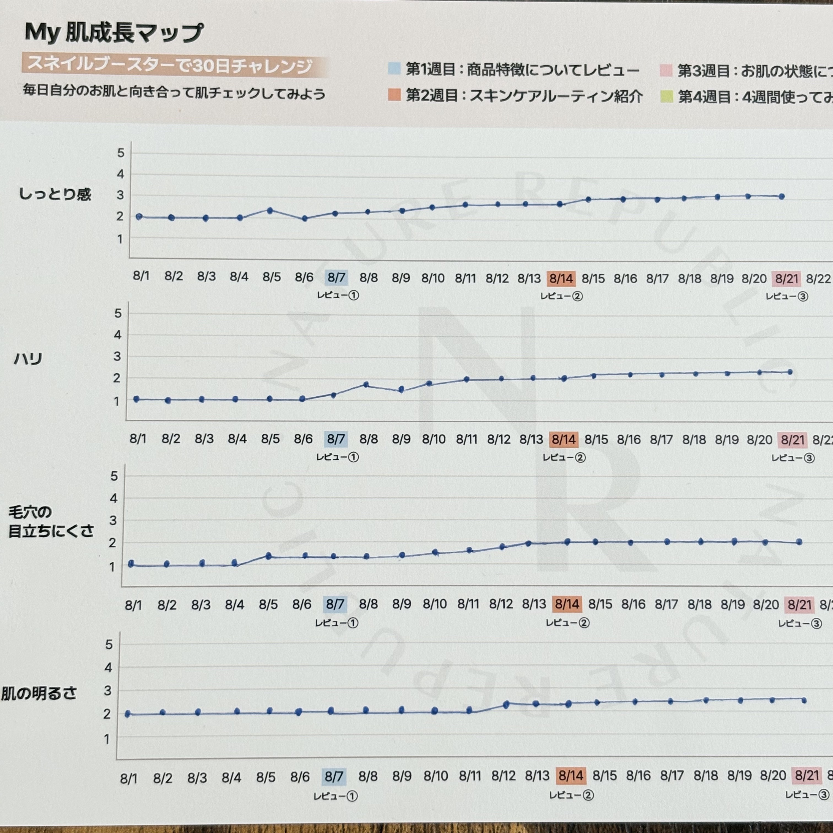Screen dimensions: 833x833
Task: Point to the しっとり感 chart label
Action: point(55,194)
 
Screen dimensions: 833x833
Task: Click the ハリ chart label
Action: point(28,359)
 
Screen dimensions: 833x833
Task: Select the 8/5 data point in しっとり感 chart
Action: point(270,211)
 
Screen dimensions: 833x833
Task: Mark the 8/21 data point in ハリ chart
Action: point(790,372)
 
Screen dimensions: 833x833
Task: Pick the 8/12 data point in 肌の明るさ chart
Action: point(506,704)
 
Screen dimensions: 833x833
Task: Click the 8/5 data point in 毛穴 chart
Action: point(268,556)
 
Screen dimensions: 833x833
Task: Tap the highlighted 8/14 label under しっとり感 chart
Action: point(561,278)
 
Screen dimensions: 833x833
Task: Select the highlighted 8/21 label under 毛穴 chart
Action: point(799,604)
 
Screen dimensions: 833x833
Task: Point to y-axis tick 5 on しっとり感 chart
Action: point(121,153)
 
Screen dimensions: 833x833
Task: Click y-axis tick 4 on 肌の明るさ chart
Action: point(108,668)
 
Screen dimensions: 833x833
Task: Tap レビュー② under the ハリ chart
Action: point(564,458)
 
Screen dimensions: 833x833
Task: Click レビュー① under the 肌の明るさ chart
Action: point(336,796)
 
